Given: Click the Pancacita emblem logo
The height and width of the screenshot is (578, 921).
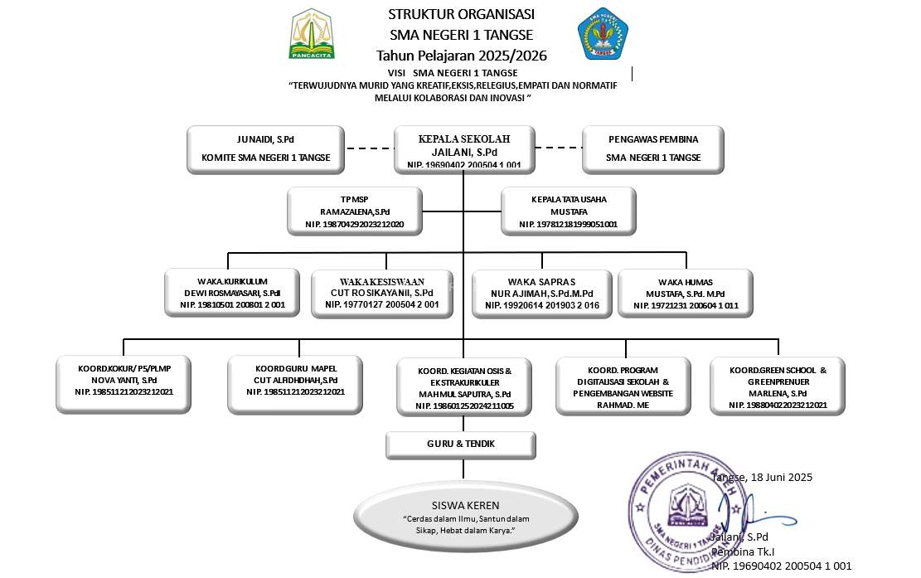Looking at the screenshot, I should point(312,35).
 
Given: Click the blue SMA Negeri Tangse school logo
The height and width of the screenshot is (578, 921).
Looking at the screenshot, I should point(603,34).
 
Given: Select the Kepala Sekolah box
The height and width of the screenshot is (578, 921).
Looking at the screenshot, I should point(463,150).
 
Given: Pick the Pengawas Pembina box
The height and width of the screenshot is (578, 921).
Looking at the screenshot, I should point(652,149).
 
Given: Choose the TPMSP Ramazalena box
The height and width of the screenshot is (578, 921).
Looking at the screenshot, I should point(356,211).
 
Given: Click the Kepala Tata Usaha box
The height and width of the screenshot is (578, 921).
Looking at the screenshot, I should point(569,211).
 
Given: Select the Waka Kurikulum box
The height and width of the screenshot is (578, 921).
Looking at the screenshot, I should point(232,293).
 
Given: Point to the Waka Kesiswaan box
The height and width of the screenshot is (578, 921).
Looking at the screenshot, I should point(382,293).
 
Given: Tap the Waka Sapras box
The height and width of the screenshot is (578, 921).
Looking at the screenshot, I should point(542,293).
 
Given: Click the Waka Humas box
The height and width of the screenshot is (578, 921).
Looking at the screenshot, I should point(686,293).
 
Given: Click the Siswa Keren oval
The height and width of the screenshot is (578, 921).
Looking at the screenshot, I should point(453,517).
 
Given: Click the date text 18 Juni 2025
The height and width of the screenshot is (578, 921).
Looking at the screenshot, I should point(763,478).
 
